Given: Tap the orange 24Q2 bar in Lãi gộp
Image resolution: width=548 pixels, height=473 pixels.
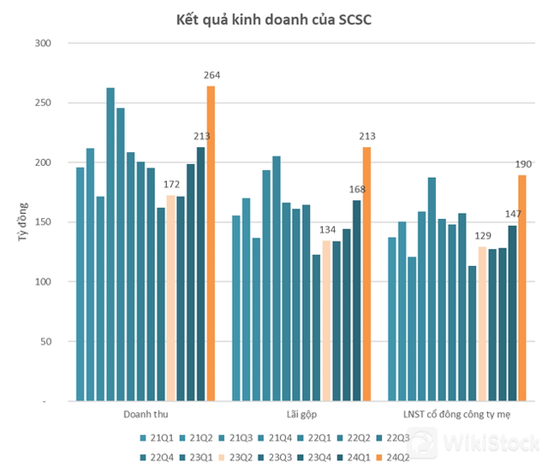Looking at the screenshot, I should [366, 274].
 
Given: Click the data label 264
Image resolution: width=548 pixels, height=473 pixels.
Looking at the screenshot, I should [211, 76].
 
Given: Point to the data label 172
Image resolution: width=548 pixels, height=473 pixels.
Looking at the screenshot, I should [170, 186].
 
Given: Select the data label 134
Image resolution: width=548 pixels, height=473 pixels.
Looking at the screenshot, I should [326, 231].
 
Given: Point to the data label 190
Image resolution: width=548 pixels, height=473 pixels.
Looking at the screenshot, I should [522, 165].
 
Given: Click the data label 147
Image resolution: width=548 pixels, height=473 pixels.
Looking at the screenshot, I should [512, 216].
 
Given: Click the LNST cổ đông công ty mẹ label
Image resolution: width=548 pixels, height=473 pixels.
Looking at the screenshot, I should [456, 414].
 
